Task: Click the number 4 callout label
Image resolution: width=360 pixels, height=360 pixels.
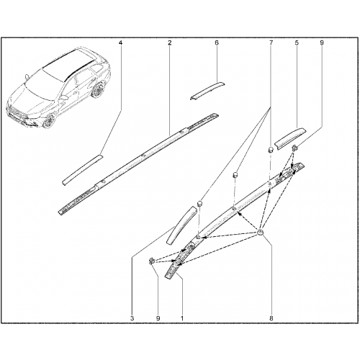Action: click(x=120, y=43)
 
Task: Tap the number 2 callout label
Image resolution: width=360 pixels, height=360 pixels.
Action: click(x=170, y=43)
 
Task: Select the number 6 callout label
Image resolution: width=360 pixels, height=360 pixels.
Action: click(x=217, y=43)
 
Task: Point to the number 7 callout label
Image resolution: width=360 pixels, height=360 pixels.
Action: click(x=271, y=43)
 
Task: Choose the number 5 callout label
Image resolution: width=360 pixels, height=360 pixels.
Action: click(x=297, y=43)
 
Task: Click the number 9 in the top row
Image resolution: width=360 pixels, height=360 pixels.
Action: click(x=322, y=43)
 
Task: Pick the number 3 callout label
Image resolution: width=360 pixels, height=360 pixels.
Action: click(x=132, y=318)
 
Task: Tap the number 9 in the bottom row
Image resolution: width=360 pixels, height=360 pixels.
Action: click(x=158, y=318)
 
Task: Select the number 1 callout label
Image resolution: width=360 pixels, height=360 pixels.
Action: click(x=182, y=318)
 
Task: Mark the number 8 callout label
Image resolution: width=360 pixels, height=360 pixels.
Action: click(x=271, y=318)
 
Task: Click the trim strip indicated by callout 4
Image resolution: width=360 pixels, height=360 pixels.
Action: click(x=82, y=170)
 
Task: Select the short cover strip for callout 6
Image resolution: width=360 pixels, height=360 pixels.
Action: click(x=207, y=91)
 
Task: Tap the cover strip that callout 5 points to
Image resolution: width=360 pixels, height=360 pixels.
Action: click(x=290, y=138)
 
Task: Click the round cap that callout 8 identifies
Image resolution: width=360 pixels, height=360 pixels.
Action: click(x=261, y=233)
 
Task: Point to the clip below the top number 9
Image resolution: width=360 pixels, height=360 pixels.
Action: click(x=294, y=148)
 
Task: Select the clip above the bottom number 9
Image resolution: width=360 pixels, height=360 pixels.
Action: click(x=151, y=261)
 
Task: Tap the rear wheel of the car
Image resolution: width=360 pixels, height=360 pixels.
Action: click(x=97, y=89)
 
